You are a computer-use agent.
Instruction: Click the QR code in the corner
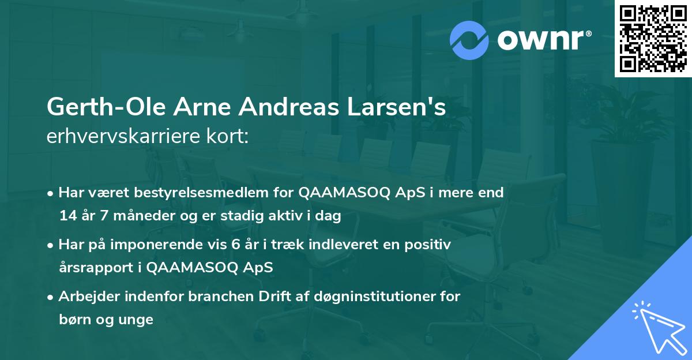tap(653, 38)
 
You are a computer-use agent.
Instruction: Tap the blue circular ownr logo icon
tap(469, 40)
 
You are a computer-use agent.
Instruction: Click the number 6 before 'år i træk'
tap(235, 245)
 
